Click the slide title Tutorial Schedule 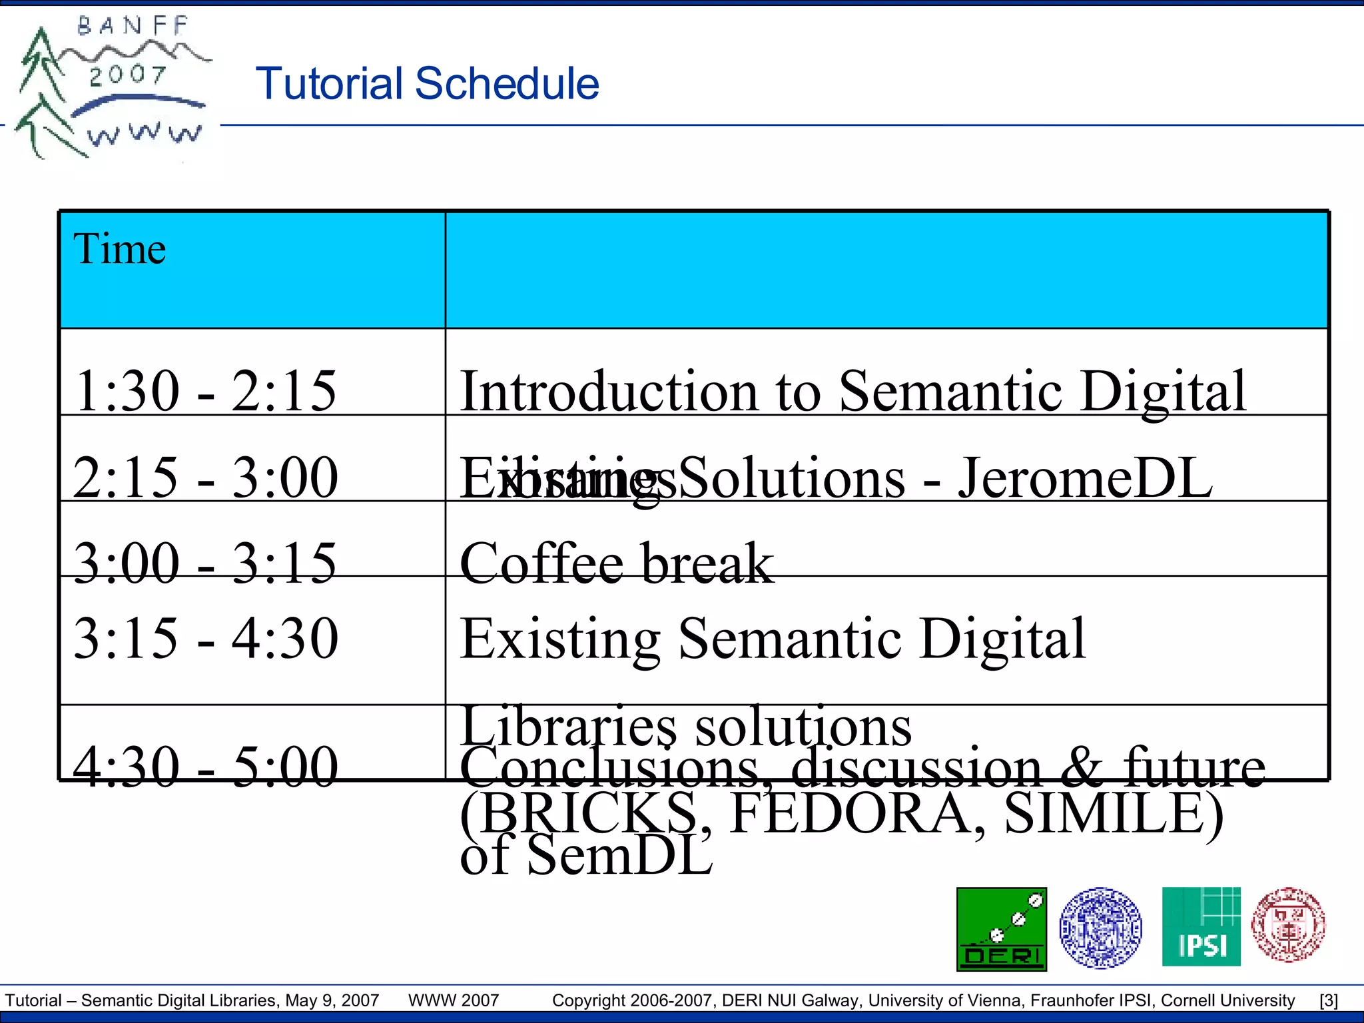pyautogui.click(x=427, y=84)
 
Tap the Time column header pyautogui.click(x=120, y=249)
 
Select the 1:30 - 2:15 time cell pyautogui.click(x=205, y=391)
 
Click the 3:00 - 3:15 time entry pyautogui.click(x=205, y=563)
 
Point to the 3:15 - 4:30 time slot pyautogui.click(x=205, y=638)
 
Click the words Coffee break pyautogui.click(x=617, y=563)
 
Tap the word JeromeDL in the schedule pyautogui.click(x=1085, y=478)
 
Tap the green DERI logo pyautogui.click(x=1001, y=929)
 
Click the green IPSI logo pyautogui.click(x=1201, y=926)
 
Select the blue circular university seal pyautogui.click(x=1100, y=927)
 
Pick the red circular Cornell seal pyautogui.click(x=1288, y=924)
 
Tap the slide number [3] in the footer pyautogui.click(x=1329, y=1000)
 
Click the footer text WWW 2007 pyautogui.click(x=454, y=1000)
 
